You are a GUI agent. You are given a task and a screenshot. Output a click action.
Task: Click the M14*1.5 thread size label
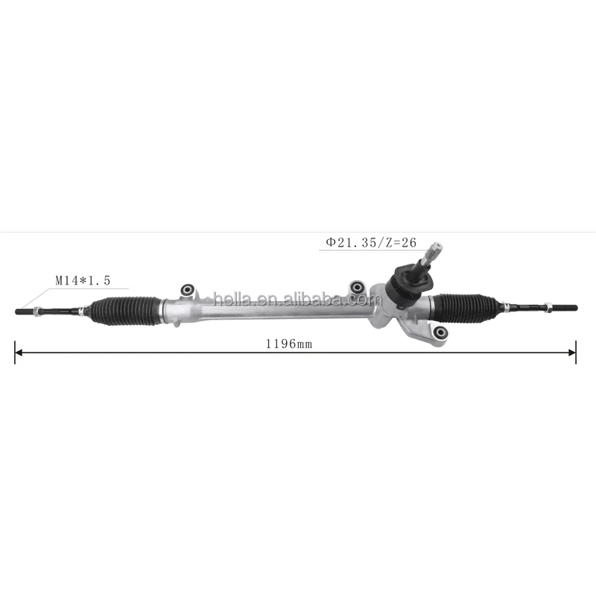pos(83,281)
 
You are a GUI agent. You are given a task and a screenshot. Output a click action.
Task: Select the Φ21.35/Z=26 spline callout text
pos(371,243)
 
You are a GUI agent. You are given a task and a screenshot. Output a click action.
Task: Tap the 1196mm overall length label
pos(289,344)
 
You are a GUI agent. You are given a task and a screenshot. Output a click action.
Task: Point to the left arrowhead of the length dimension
pos(18,352)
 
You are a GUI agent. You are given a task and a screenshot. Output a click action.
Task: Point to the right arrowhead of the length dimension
pos(572,352)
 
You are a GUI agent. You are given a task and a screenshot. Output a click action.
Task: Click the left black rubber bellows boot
pos(125,311)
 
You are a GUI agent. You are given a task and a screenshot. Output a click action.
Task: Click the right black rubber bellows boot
pos(467,308)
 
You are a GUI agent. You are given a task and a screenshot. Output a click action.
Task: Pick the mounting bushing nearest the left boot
pos(188,291)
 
